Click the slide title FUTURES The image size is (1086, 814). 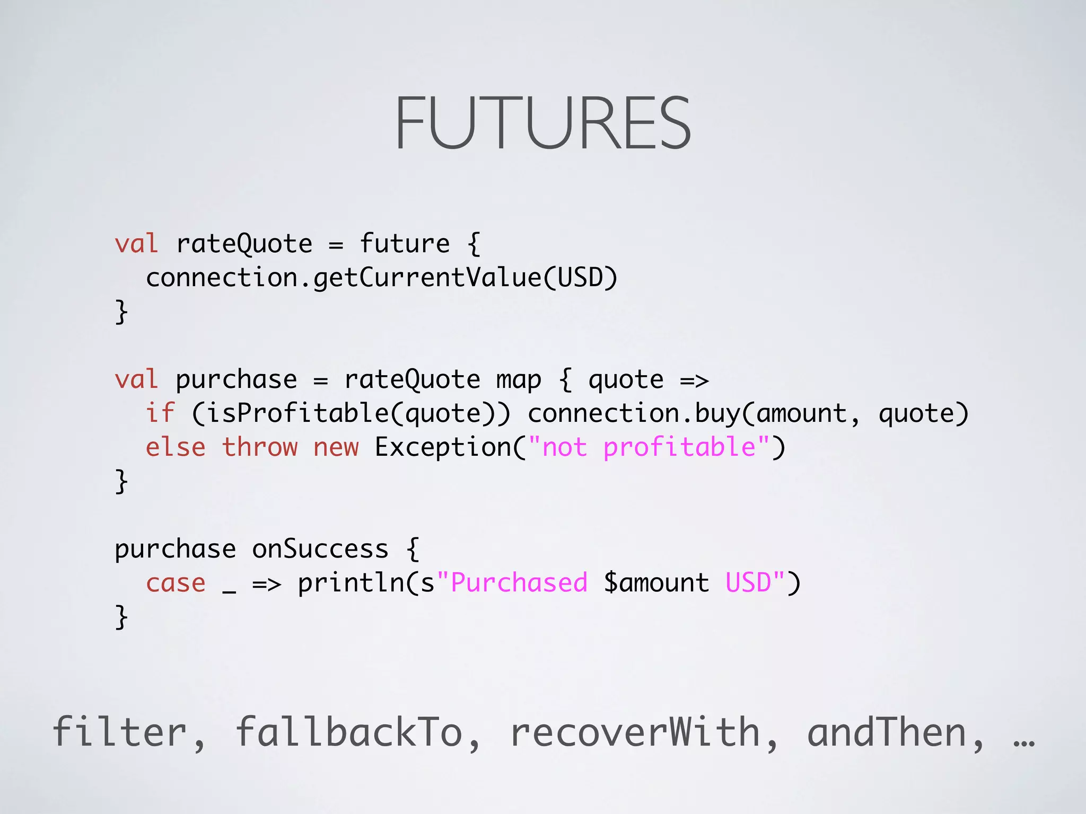click(542, 123)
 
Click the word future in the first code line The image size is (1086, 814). click(405, 244)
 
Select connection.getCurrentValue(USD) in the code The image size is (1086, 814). click(382, 278)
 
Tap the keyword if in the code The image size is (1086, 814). click(160, 413)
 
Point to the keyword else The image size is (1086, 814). click(176, 447)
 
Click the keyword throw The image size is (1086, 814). click(260, 447)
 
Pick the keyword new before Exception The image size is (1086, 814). click(336, 447)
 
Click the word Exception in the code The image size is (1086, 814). click(443, 447)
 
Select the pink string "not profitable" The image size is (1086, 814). click(649, 447)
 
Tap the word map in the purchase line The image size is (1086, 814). click(519, 380)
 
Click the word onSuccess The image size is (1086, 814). click(320, 549)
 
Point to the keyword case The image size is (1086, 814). click(176, 583)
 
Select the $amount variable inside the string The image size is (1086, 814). click(656, 583)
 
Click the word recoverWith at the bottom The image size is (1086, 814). click(635, 732)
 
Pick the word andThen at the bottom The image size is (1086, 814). click(887, 732)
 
